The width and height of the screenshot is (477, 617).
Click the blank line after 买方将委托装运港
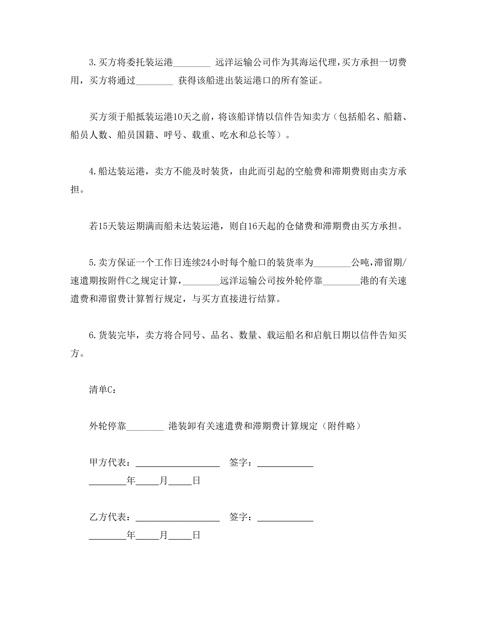(x=191, y=64)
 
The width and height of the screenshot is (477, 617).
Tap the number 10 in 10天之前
(x=177, y=117)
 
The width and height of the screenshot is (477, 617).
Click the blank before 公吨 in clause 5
(x=332, y=264)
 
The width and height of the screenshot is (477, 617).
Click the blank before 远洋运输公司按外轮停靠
(x=201, y=283)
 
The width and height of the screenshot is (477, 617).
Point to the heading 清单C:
(x=102, y=390)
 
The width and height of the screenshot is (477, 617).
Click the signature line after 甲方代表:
(x=178, y=464)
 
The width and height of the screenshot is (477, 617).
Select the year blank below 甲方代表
(x=108, y=482)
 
